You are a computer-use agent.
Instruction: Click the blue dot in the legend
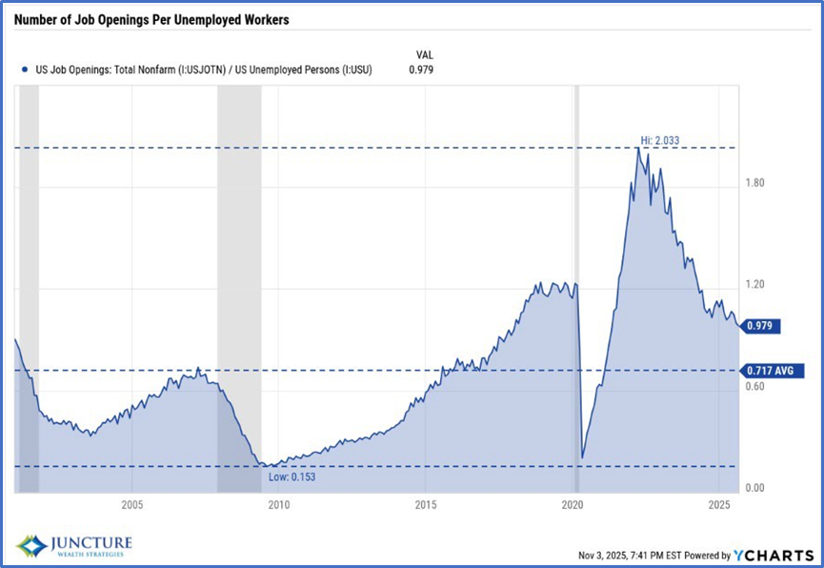[x=23, y=69]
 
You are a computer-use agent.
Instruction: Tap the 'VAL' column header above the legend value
[x=425, y=54]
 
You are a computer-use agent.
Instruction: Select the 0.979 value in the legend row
[x=420, y=69]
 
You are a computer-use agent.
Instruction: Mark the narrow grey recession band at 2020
[x=576, y=286]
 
